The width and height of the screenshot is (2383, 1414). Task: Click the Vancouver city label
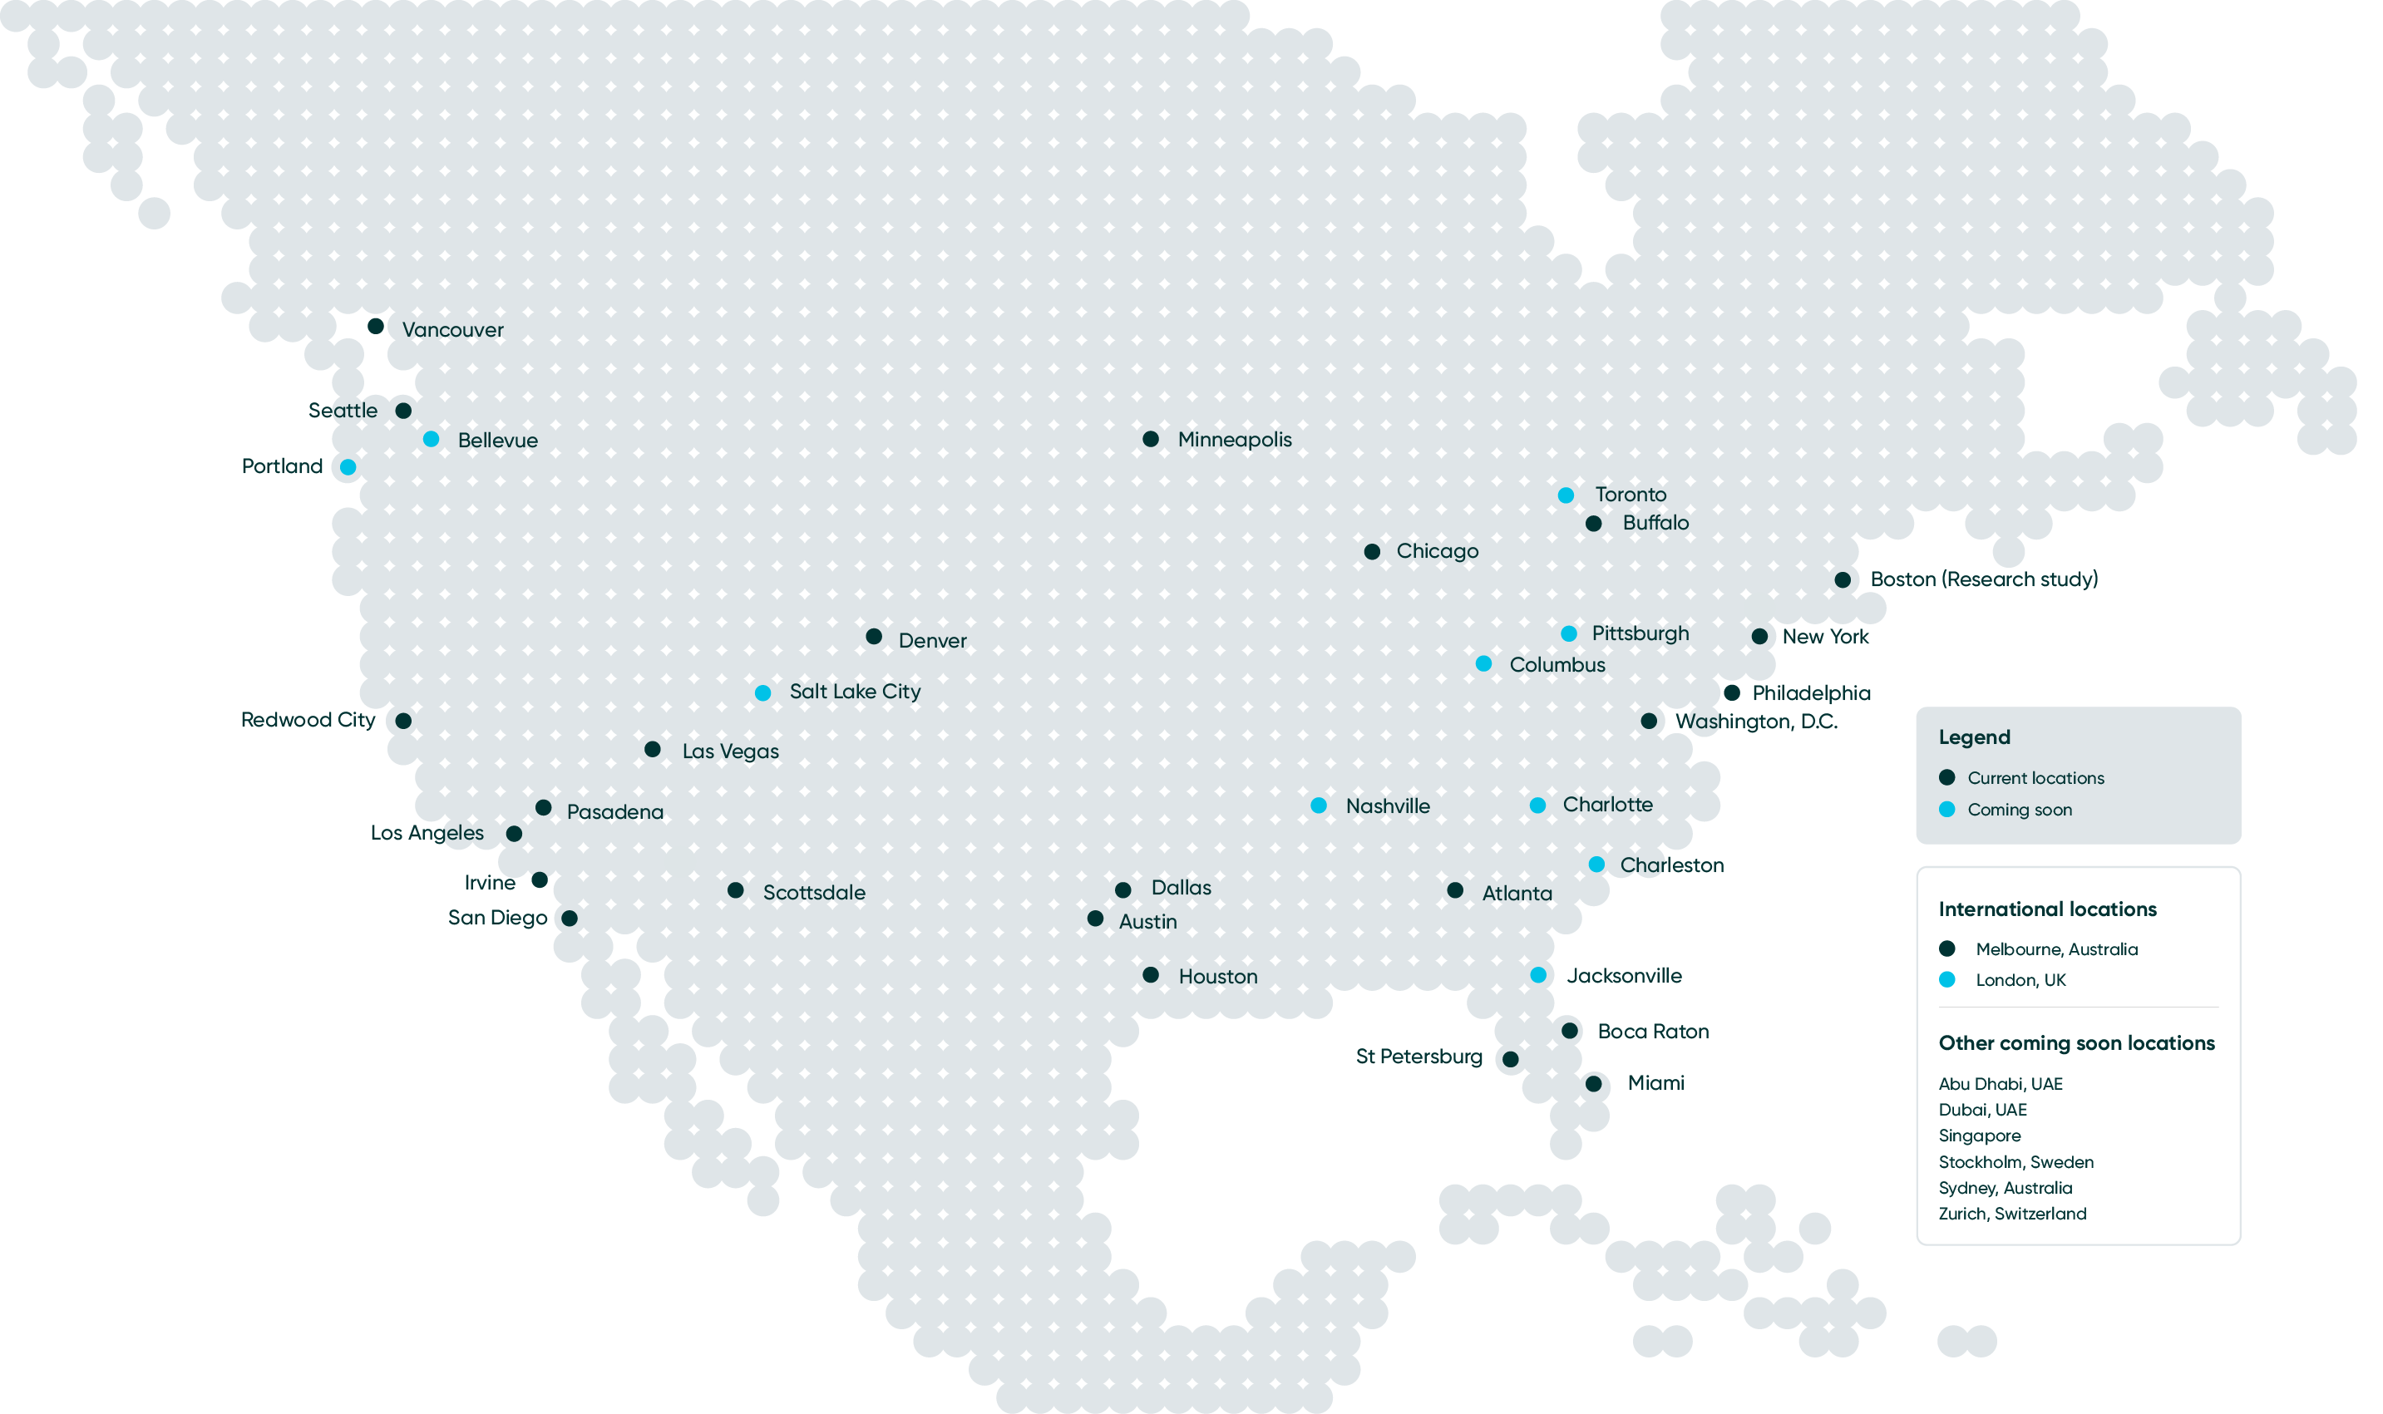coord(452,330)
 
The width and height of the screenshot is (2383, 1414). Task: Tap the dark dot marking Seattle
coord(403,411)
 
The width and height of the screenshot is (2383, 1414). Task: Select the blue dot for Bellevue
coord(431,439)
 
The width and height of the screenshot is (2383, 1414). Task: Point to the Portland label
coord(282,466)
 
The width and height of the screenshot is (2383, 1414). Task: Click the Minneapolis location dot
coord(1150,439)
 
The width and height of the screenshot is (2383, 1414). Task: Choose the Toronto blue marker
coord(1566,495)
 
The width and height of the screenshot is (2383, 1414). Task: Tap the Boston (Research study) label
coord(1984,579)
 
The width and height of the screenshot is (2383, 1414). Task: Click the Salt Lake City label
coord(855,692)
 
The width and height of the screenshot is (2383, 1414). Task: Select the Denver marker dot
coord(874,637)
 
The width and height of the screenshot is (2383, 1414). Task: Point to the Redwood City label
coord(308,719)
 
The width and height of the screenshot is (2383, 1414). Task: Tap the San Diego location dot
coord(569,919)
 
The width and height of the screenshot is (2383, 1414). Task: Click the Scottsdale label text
coord(814,893)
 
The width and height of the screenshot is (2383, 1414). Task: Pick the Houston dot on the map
coord(1150,975)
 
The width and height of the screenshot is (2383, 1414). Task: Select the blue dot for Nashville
coord(1319,806)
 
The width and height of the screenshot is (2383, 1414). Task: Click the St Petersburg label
coord(1418,1057)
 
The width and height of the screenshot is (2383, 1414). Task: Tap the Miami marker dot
coord(1593,1083)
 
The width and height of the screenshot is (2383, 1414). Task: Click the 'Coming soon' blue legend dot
coord(1946,809)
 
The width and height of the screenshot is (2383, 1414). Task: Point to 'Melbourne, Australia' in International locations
coord(2056,949)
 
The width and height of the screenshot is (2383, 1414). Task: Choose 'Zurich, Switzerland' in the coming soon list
coord(2012,1214)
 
